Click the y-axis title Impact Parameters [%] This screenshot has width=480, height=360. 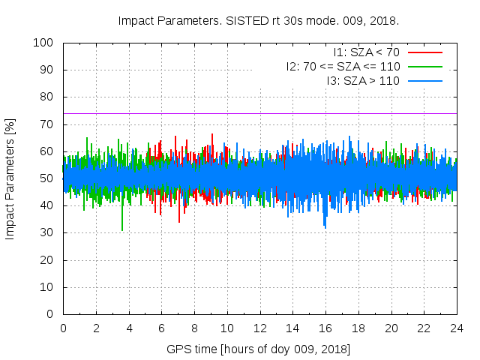point(10,178)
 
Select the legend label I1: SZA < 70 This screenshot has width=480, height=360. point(367,52)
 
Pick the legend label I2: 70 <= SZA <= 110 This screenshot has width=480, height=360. point(343,66)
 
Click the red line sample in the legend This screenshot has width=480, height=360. point(424,52)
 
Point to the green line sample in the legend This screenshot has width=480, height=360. point(424,66)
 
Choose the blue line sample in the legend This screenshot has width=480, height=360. point(424,80)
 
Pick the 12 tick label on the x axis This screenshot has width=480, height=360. point(259,328)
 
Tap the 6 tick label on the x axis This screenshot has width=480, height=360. point(161,328)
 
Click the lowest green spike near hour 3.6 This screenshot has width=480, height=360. point(122,229)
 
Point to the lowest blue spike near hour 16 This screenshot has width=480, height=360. point(325,226)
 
